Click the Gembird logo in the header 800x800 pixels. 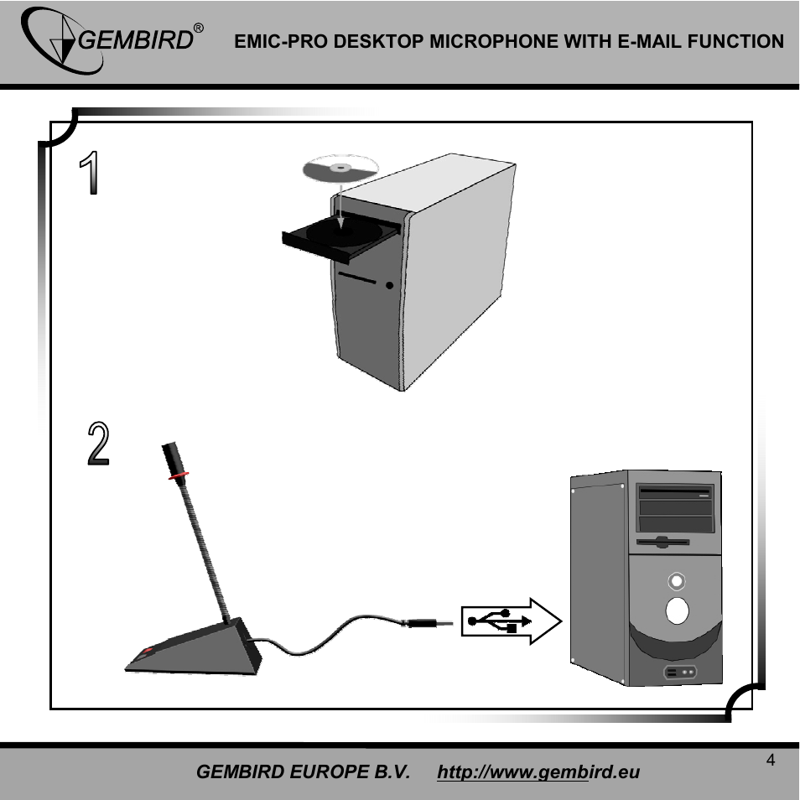(x=109, y=40)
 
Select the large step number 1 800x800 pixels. (x=89, y=174)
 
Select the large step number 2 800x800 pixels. (x=98, y=444)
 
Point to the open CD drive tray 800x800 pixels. (x=335, y=237)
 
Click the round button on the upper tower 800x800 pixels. (x=389, y=286)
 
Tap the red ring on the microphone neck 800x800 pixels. (x=177, y=475)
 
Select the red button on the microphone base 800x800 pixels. (x=147, y=651)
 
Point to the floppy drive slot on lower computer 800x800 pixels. (x=662, y=542)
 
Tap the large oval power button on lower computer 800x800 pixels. (x=677, y=611)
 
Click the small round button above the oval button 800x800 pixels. (x=677, y=580)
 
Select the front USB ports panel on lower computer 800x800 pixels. (x=680, y=672)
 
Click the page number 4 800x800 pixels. (x=770, y=761)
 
